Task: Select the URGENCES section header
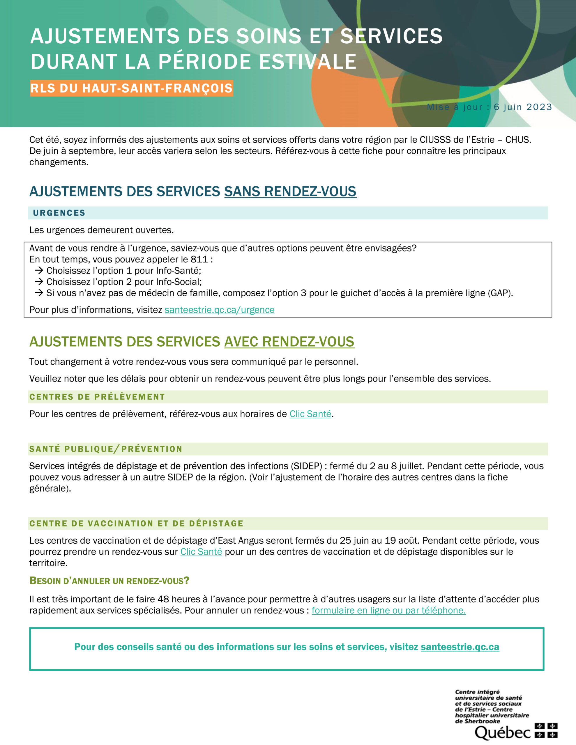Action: point(59,213)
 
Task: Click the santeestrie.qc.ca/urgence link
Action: point(219,310)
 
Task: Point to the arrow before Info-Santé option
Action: point(39,271)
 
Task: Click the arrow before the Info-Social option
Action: point(39,282)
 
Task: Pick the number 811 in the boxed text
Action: point(199,259)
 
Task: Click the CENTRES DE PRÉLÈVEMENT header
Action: point(97,397)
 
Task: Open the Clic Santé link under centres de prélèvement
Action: point(310,414)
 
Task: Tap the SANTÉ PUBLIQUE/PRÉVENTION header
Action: point(106,449)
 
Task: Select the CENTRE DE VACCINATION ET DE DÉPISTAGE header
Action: point(136,523)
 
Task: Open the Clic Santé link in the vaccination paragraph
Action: point(201,551)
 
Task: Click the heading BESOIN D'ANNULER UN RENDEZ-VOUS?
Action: point(109,581)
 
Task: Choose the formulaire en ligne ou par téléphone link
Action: point(388,610)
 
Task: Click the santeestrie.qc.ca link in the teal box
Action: point(460,647)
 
